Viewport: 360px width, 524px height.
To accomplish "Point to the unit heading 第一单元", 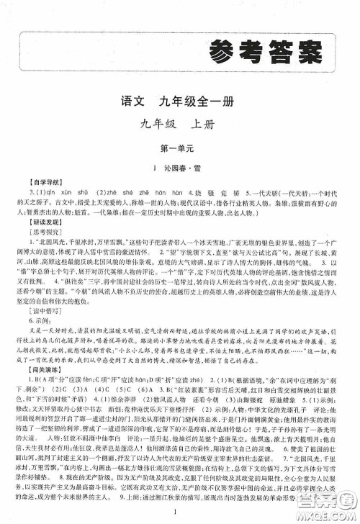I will (x=179, y=147).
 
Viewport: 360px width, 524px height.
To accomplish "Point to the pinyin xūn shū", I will (x=75, y=191).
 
